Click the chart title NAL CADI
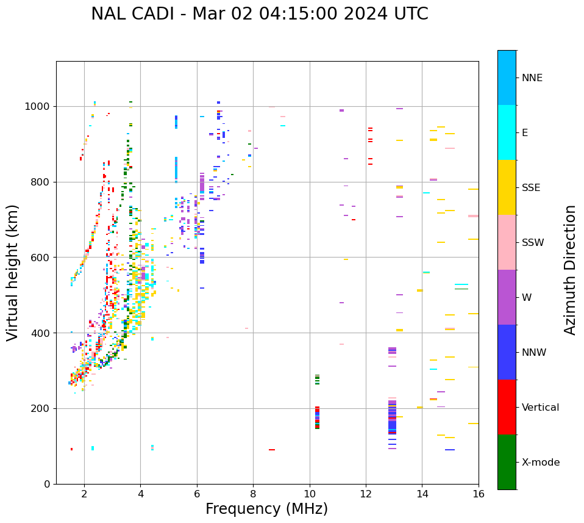tap(259, 14)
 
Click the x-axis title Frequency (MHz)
tap(266, 509)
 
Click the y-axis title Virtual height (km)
tap(13, 272)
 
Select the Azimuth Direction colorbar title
tap(570, 269)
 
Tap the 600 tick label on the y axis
tap(41, 258)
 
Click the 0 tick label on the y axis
tap(48, 484)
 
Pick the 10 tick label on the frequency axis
tap(310, 494)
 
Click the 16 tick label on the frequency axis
tap(479, 494)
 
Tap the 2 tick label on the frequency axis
tap(84, 494)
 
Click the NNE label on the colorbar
tap(532, 78)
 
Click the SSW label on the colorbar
tap(533, 243)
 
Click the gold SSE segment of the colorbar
tap(507, 187)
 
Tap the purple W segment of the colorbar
tap(507, 297)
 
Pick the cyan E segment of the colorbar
tap(507, 132)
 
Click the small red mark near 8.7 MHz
tap(272, 450)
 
